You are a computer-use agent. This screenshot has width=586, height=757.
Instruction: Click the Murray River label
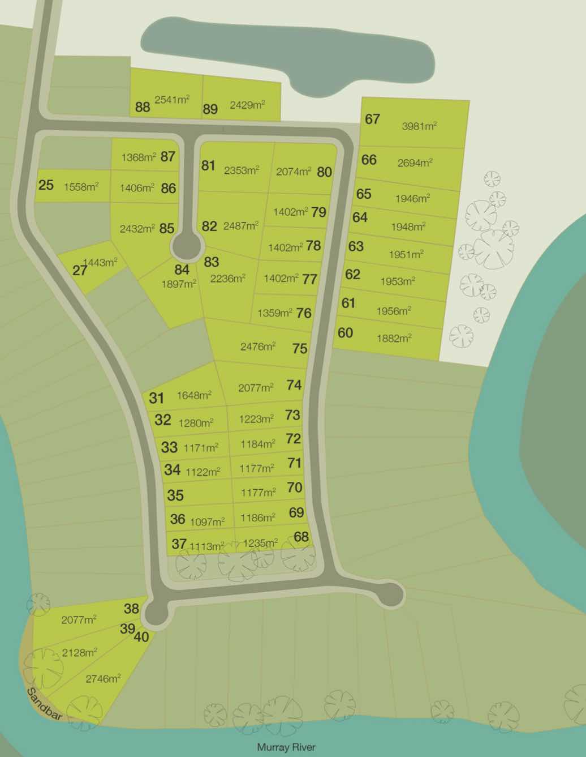click(286, 747)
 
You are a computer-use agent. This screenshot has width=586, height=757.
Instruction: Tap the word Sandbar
click(45, 704)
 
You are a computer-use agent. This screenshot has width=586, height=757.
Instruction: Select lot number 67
click(372, 119)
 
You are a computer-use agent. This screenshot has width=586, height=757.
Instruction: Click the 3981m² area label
click(419, 126)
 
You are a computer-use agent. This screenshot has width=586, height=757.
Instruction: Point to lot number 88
click(143, 106)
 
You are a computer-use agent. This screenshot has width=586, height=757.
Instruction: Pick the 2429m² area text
click(247, 105)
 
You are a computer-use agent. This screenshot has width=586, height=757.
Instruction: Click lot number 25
click(46, 185)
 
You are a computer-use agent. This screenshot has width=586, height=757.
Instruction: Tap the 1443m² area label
click(100, 262)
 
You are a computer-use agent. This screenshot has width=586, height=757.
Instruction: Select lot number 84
click(182, 270)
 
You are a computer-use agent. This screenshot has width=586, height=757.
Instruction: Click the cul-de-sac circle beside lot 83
click(187, 246)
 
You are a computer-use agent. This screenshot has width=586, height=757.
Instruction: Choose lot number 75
click(300, 348)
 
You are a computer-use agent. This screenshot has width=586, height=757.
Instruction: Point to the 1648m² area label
click(194, 395)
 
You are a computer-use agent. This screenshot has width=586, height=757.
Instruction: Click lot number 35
click(175, 495)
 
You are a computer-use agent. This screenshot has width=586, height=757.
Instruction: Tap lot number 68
click(301, 536)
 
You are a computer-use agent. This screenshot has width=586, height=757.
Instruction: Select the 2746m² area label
click(103, 678)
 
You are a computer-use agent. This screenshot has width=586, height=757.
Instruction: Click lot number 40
click(141, 637)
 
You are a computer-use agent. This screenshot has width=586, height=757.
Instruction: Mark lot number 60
click(345, 332)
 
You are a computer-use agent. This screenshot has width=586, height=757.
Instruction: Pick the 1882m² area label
click(394, 339)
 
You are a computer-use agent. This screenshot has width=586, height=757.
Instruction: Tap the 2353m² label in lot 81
click(242, 170)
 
